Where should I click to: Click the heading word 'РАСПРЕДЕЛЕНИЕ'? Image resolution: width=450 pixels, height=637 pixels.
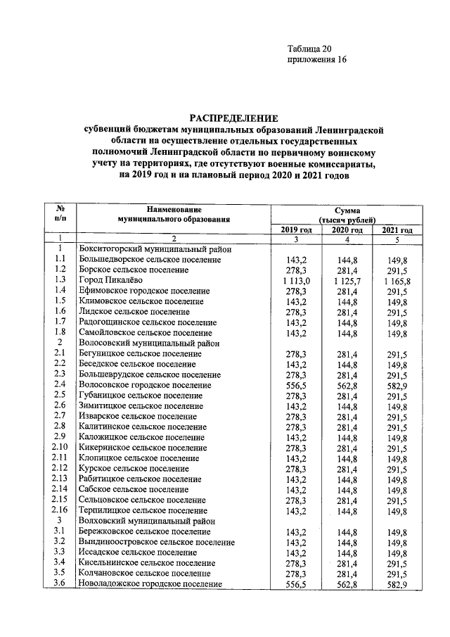[233, 118]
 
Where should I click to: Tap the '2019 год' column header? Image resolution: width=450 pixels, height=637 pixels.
[296, 230]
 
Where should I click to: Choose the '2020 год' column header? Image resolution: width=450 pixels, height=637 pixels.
[347, 230]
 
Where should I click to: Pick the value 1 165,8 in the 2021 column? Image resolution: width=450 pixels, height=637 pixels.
[397, 279]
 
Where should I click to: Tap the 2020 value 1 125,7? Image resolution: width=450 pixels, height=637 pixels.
[347, 279]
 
